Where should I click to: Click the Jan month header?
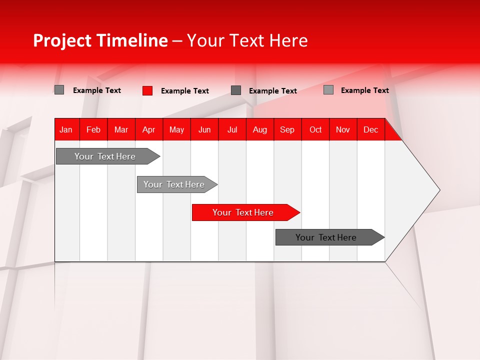66,129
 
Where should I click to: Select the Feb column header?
93,129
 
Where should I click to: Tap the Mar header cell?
121,129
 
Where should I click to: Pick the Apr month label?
149,129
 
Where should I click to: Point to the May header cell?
176,129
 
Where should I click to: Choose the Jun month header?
204,129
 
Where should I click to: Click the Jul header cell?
232,129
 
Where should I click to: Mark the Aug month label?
260,129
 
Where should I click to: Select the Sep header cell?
287,129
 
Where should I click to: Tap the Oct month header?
315,129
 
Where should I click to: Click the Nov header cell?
343,129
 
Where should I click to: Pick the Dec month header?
371,129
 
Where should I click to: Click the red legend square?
147,90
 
